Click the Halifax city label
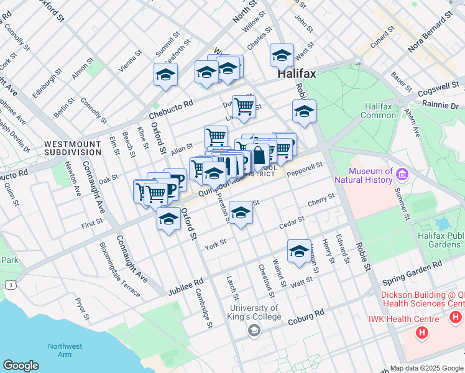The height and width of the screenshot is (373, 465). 297,73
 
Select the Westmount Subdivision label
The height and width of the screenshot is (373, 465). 73,147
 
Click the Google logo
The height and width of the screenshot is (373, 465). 21,366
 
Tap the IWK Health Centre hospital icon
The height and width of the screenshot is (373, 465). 422,334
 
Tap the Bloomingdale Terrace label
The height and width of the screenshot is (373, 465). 119,269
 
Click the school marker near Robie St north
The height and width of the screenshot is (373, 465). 304,112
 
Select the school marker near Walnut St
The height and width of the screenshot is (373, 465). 299,251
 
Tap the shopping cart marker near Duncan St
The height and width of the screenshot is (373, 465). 244,106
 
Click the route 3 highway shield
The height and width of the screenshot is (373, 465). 11,285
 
